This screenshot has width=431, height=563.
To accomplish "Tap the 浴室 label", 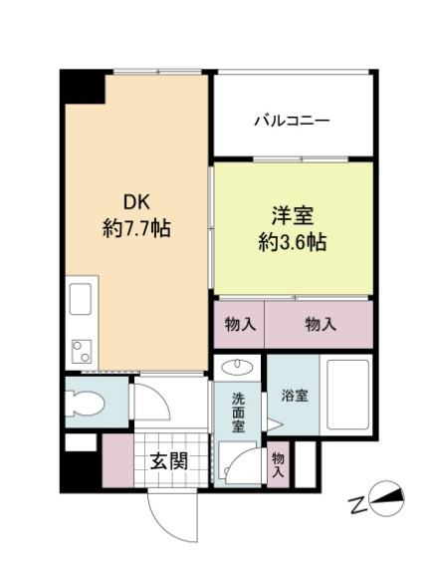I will [294, 395].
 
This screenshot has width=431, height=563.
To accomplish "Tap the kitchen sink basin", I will [81, 299].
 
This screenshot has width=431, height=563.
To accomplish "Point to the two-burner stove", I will [80, 350].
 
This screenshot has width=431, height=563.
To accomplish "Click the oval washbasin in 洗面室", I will [238, 365].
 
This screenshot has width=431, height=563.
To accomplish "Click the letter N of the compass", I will [356, 505].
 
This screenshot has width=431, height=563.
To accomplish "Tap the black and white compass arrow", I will [388, 498].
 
